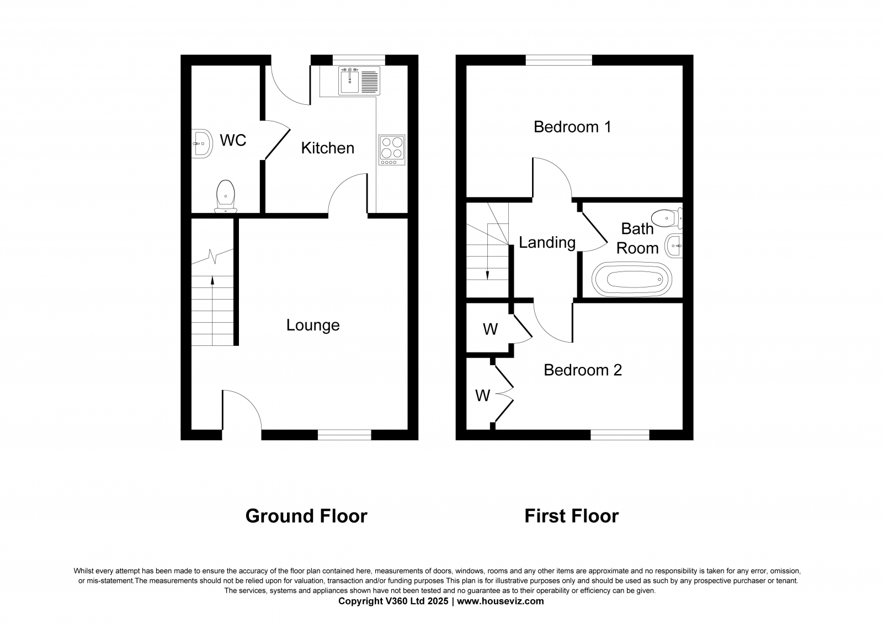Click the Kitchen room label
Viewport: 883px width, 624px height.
click(328, 148)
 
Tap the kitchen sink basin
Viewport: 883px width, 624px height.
click(349, 81)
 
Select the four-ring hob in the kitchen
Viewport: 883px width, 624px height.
click(392, 150)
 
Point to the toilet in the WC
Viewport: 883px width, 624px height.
click(226, 196)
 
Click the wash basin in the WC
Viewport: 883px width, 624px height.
click(202, 143)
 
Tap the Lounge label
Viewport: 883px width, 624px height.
click(313, 325)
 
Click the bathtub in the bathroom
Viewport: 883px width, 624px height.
click(631, 280)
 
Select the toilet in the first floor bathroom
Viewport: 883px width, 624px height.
click(667, 218)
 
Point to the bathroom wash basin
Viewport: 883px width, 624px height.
click(674, 246)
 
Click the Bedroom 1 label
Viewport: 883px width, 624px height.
click(572, 127)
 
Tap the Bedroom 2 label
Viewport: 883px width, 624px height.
click(583, 370)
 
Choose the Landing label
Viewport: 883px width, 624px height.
click(547, 242)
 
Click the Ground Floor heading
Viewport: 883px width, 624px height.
click(306, 516)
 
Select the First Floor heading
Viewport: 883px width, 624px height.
click(572, 516)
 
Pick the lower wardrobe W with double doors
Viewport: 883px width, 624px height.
click(482, 396)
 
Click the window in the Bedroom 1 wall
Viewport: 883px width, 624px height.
click(559, 60)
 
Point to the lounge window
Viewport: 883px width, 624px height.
click(344, 435)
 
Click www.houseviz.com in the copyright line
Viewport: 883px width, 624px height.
click(500, 601)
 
